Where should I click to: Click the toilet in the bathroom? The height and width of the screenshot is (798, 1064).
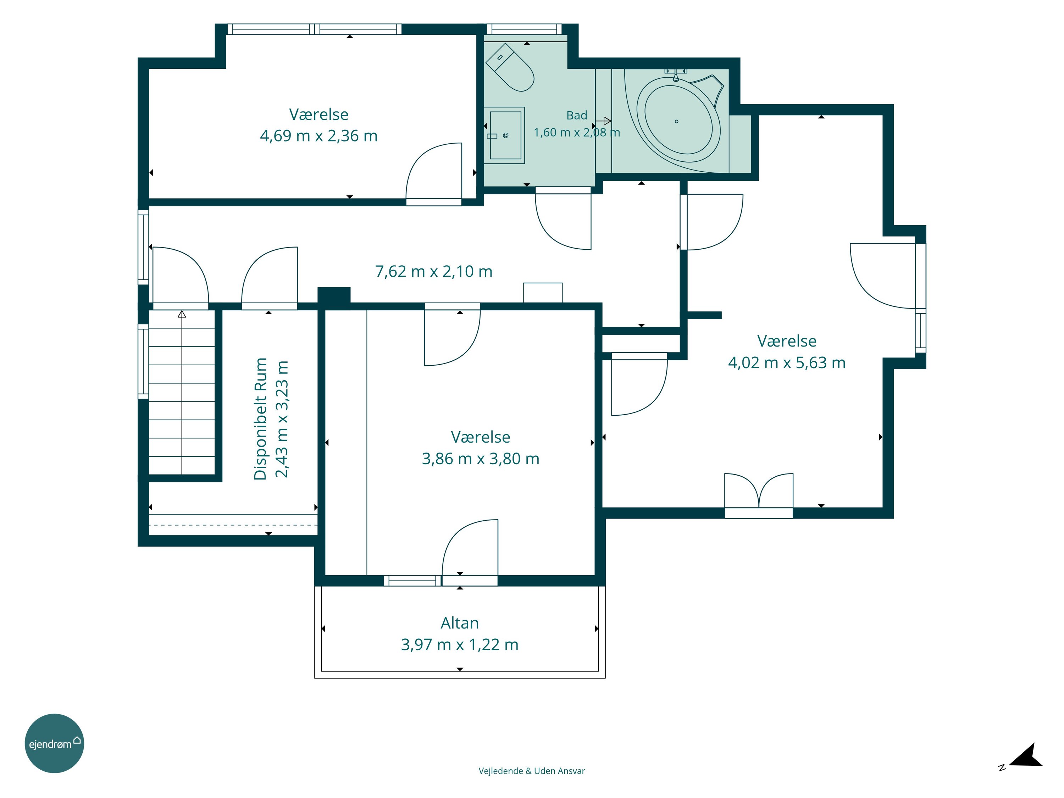(510, 67)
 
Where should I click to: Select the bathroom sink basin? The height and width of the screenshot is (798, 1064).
(505, 135)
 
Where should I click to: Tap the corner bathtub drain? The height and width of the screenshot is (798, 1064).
(676, 121)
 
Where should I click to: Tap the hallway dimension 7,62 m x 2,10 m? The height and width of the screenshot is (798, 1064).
(433, 271)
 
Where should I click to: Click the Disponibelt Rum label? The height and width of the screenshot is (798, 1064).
(260, 419)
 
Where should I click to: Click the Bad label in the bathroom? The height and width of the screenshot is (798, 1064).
(577, 115)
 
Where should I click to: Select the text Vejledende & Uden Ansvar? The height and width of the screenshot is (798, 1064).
(532, 771)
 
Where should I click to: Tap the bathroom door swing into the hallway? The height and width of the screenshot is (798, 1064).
(563, 221)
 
